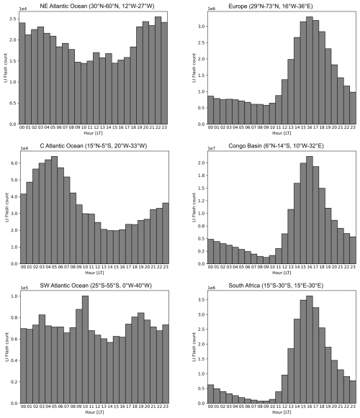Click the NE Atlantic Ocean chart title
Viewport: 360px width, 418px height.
pos(97,6)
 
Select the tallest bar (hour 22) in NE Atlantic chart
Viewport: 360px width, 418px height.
pos(158,71)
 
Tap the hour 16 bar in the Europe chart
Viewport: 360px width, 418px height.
pos(310,71)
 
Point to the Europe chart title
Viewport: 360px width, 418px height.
pos(270,6)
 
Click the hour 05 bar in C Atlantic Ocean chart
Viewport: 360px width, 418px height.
pos(55,210)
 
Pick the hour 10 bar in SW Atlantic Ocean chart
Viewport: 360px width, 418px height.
pos(86,350)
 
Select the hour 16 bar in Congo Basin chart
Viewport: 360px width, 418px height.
pos(310,210)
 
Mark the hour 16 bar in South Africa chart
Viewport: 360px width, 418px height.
pos(310,350)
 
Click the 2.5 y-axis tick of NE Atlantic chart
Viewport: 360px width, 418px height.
pos(14,19)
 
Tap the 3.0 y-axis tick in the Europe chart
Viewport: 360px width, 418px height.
pos(202,27)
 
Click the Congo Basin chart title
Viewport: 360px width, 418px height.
pos(276,146)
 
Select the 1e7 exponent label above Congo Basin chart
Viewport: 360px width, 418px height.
pos(212,148)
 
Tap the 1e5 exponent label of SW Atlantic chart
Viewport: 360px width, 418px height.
pos(24,288)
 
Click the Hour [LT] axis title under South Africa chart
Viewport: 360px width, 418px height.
pos(282,412)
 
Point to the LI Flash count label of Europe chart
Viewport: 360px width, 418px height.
pos(194,68)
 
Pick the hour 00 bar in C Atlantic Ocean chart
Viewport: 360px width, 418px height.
pos(24,229)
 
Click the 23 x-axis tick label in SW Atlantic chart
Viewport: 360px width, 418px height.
pos(166,406)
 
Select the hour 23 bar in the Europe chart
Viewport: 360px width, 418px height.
pos(353,108)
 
